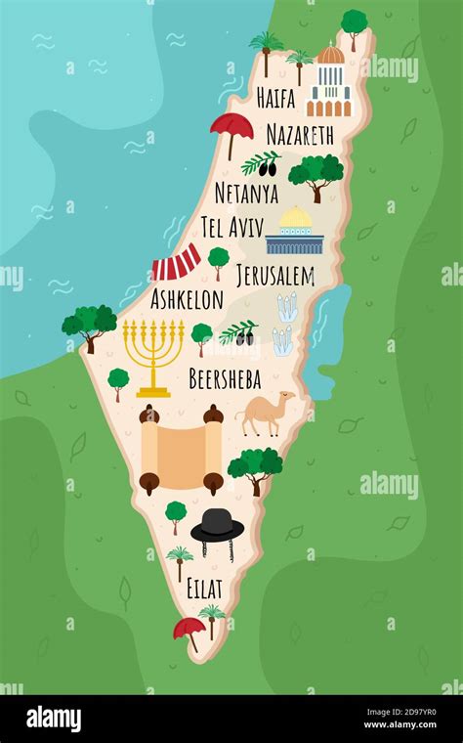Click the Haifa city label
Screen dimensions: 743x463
(x=275, y=98)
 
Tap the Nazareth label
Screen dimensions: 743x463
(x=300, y=135)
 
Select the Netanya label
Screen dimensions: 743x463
(x=246, y=193)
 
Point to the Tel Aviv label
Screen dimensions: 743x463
(x=232, y=228)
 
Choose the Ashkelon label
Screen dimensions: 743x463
(x=187, y=299)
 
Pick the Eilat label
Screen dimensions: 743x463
(x=204, y=589)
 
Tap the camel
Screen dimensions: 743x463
(x=266, y=412)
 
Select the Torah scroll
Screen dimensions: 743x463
(x=181, y=450)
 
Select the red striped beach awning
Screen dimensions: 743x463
(x=177, y=264)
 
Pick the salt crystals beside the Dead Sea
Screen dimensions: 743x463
(x=284, y=323)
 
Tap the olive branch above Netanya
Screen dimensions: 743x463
(x=262, y=162)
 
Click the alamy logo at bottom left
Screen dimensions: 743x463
(x=54, y=719)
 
